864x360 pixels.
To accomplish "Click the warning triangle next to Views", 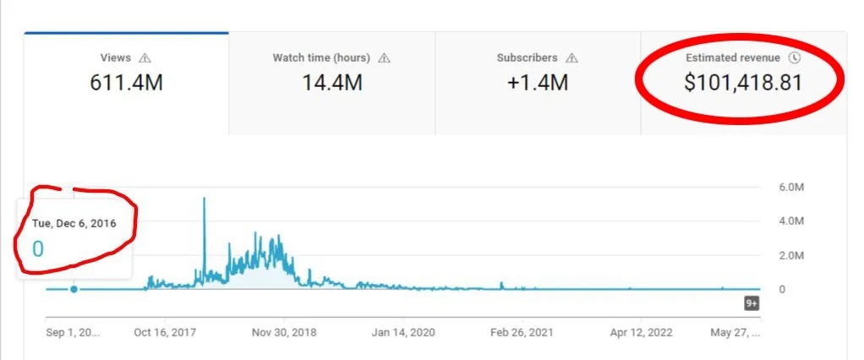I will pos(145,58).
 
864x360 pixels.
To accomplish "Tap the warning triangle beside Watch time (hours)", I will pos(385,58).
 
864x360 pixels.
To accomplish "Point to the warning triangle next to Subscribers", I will pos(571,58).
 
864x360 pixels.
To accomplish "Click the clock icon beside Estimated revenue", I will pos(794,58).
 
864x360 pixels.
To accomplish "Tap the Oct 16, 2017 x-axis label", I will pos(165,333).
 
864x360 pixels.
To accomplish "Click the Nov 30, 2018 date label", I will pos(285,333).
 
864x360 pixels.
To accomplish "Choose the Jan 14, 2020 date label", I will pos(404,333).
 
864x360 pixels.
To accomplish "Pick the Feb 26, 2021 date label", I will pos(522,333).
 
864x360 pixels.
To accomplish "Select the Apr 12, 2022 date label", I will pos(642,333).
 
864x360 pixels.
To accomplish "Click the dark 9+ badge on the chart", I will pos(751,303).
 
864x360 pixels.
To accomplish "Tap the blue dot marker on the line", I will pos(74,289).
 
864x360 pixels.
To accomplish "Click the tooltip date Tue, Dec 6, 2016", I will pos(74,222).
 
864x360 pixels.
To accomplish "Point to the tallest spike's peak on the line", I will pos(204,199).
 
